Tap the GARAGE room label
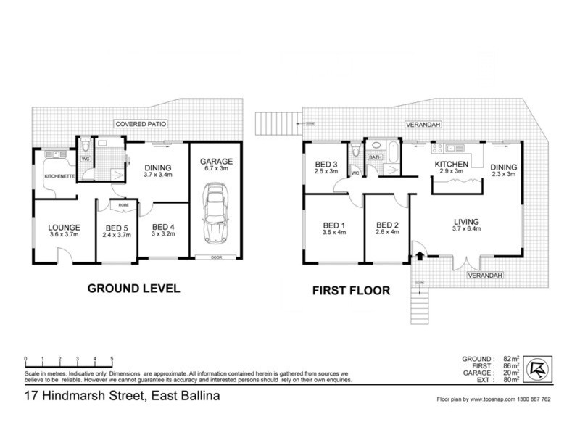(x=217, y=152)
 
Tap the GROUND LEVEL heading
(x=133, y=288)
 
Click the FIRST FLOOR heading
(x=351, y=291)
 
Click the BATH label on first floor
(x=375, y=156)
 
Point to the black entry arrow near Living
(x=419, y=255)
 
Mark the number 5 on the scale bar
(x=112, y=359)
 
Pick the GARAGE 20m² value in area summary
(x=511, y=372)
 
